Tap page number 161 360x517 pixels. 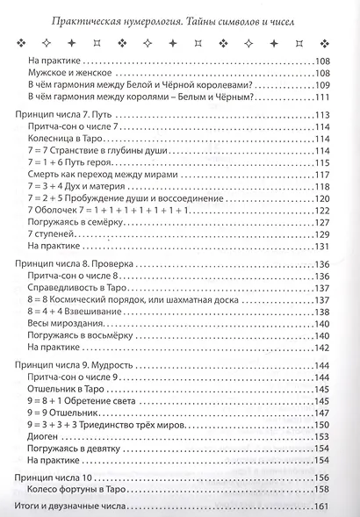click(x=342, y=507)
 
